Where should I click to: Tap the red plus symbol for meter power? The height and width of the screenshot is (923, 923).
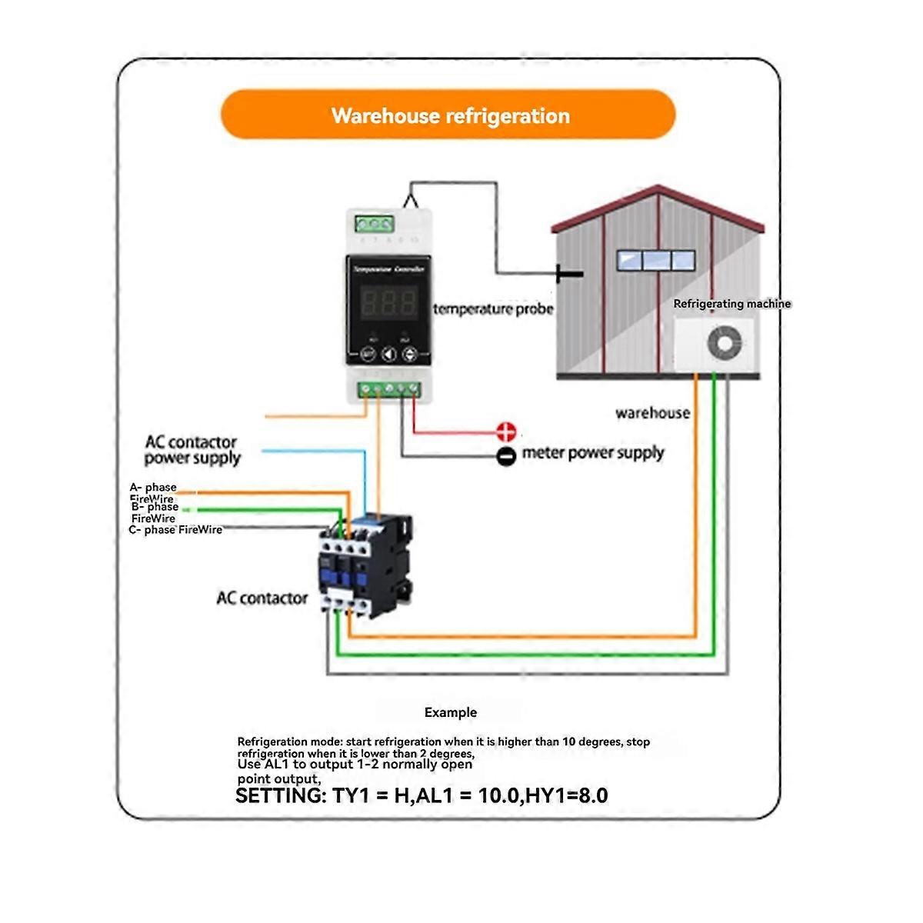506,432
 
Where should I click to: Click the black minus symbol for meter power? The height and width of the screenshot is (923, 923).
506,456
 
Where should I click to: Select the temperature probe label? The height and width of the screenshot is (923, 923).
493,309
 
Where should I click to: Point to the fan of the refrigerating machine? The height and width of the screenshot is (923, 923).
725,343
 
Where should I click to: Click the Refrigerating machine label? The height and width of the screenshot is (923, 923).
731,304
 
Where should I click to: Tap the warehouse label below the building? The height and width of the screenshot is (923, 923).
652,413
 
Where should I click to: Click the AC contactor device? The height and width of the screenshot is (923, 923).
365,565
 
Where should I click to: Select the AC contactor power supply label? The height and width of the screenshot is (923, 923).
192,450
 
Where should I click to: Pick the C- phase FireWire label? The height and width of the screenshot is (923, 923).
175,530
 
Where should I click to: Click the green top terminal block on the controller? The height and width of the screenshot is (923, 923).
375,225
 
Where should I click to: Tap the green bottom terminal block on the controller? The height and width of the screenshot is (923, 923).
389,389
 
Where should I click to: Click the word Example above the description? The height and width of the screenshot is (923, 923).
451,712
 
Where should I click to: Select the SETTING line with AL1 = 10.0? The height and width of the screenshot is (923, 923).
422,795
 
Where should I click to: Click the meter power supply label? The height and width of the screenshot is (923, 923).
592,453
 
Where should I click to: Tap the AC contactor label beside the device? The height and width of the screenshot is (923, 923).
262,598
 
